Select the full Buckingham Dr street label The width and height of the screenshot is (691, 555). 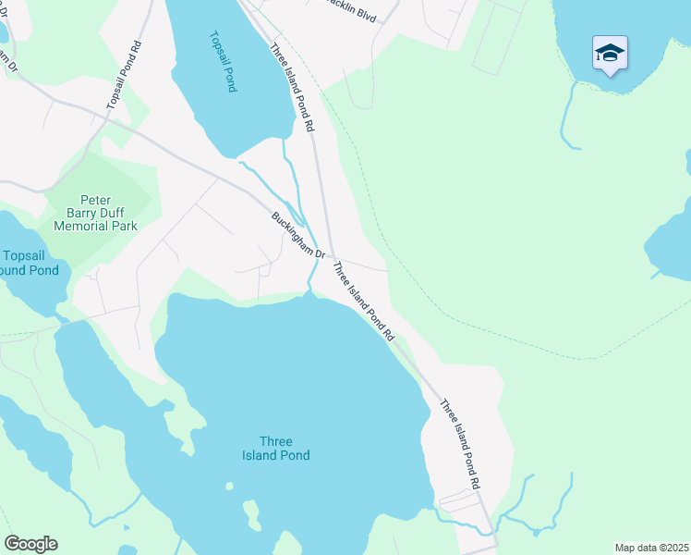tap(298, 236)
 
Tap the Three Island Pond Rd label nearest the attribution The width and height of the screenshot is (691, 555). tap(460, 444)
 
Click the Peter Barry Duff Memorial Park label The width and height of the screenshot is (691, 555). tap(95, 212)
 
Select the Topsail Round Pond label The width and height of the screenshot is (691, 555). tap(30, 263)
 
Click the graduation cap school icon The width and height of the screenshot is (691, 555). tap(610, 52)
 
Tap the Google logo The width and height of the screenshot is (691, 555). tap(30, 544)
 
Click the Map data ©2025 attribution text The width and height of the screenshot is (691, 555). tap(651, 548)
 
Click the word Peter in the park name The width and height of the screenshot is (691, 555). tap(95, 199)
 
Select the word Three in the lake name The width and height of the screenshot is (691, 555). tap(276, 441)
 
